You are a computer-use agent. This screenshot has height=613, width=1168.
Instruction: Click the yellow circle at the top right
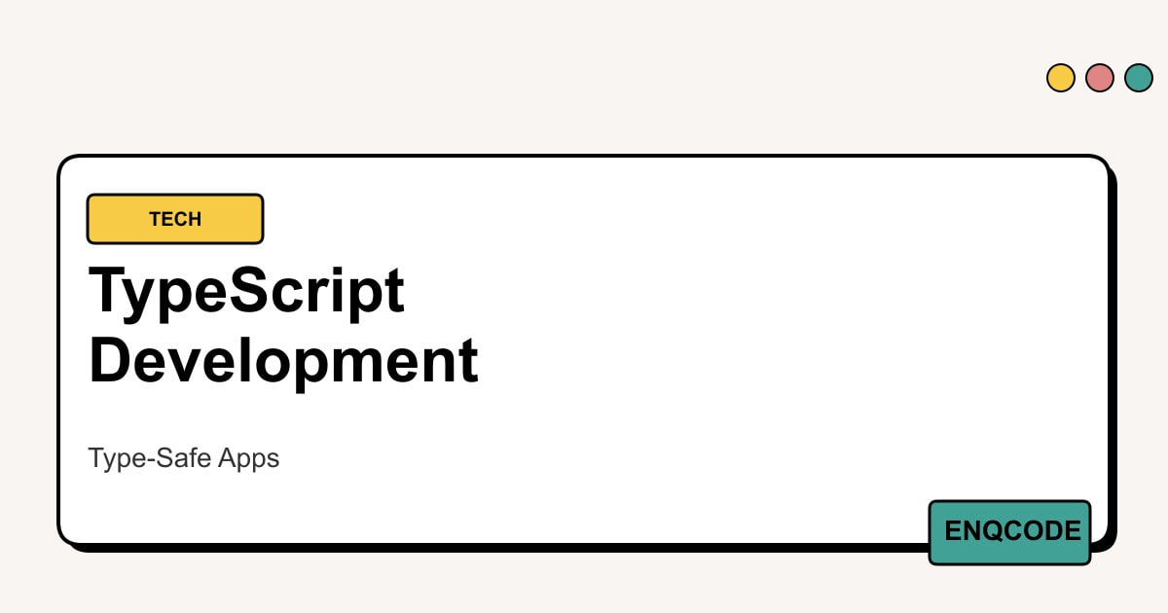point(1061,78)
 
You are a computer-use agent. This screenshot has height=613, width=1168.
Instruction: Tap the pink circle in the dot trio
point(1100,78)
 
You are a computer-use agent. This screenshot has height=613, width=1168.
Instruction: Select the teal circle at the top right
point(1139,78)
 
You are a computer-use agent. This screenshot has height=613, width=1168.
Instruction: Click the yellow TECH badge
point(175,219)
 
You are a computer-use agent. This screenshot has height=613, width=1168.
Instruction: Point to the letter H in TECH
point(194,219)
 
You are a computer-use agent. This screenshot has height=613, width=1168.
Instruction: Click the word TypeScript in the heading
point(246,292)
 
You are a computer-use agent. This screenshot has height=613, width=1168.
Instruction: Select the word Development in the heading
point(283,362)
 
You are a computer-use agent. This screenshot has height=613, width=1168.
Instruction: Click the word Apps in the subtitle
point(248,459)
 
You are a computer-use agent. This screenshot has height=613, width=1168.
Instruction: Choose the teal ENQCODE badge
point(1009,532)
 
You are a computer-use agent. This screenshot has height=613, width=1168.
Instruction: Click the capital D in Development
point(108,360)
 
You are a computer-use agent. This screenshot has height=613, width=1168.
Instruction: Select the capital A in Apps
point(229,457)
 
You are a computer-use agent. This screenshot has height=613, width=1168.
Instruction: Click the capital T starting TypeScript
point(107,289)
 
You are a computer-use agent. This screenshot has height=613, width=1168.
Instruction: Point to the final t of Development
point(469,361)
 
